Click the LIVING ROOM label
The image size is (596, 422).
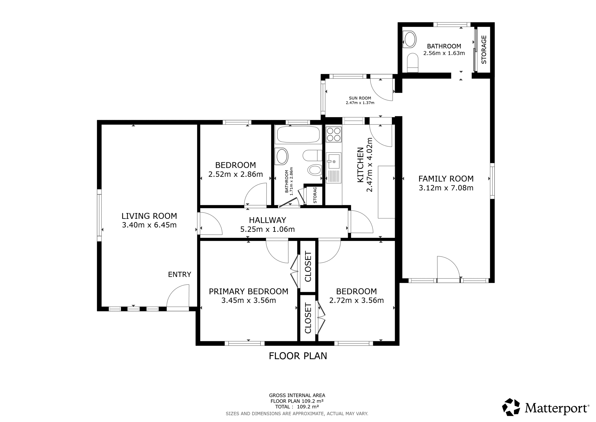[x=149, y=216]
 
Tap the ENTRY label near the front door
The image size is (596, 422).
[x=179, y=275]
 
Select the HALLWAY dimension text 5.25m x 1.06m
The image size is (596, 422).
[x=267, y=229]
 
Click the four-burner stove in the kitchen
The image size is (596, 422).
[x=334, y=134]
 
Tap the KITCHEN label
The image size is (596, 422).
[x=361, y=165]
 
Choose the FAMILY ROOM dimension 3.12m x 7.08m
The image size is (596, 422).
[x=446, y=188]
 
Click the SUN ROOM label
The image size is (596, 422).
[x=360, y=98]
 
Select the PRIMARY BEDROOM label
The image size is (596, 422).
[x=248, y=291]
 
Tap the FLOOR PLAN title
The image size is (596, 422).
[x=298, y=356]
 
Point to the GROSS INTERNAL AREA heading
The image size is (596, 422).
[x=297, y=395]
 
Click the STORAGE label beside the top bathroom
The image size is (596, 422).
[x=484, y=50]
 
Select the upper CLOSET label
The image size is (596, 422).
[x=308, y=266]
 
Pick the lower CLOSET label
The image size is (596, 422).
[x=308, y=318]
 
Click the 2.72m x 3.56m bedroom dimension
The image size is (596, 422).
[x=356, y=300]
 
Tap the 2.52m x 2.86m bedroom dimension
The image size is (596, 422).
[x=235, y=174]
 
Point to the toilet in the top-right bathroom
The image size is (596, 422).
[x=413, y=63]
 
